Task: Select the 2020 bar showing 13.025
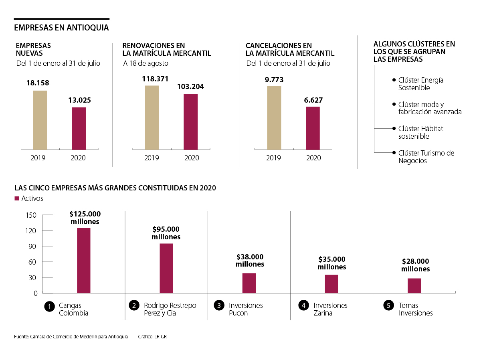point(79,128)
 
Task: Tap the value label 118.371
point(155,79)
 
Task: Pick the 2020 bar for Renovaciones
point(191,121)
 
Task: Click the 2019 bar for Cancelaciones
point(274,118)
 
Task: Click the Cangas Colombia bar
point(84,261)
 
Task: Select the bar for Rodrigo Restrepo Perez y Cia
point(166,268)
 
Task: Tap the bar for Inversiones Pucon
point(249,283)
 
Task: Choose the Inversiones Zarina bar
point(331,284)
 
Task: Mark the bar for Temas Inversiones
point(414,285)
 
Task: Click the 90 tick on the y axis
point(32,246)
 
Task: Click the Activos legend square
point(17,198)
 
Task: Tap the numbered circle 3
point(219,305)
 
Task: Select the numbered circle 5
point(388,305)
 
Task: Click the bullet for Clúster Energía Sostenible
point(394,80)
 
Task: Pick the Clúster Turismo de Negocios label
point(426,157)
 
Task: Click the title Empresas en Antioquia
point(61,28)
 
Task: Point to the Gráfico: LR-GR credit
point(152,336)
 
